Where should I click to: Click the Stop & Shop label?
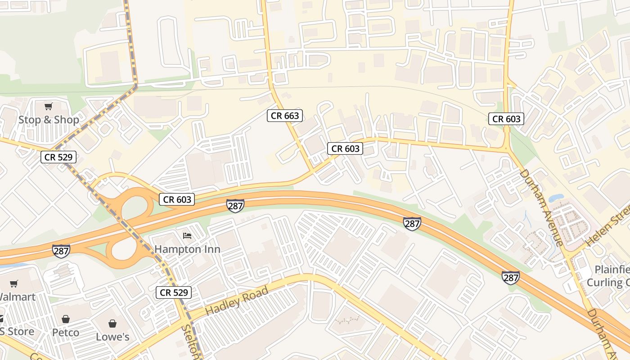49,120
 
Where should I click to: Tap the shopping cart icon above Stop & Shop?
48,107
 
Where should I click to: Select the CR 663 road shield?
285,116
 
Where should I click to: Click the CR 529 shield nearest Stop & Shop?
58,157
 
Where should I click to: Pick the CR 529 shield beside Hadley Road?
174,292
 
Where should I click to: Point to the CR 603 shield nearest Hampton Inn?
177,199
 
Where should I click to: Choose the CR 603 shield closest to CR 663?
345,148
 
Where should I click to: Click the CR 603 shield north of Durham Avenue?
507,119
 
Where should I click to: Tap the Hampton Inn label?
187,249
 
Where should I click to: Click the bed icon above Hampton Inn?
187,236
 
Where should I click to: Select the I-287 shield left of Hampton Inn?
61,251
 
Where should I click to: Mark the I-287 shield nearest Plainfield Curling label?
511,278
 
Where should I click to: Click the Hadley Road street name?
237,301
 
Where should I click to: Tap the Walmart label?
17,297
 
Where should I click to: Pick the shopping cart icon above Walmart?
14,284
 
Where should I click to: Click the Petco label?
66,333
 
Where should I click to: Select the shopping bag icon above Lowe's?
112,324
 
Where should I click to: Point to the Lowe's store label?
112,337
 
